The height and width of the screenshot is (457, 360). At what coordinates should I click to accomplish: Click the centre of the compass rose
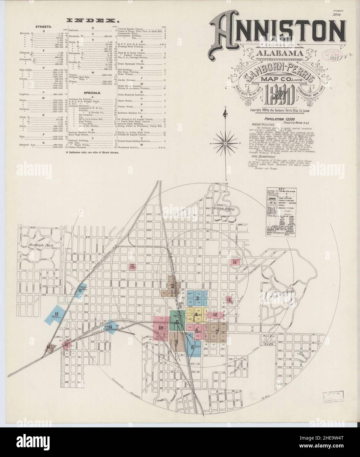(x=226, y=143)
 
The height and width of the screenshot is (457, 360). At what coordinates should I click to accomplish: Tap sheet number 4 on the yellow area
(x=196, y=314)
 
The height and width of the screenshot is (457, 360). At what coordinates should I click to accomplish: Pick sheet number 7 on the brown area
(x=217, y=332)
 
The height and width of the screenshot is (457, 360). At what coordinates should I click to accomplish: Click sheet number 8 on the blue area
(x=192, y=347)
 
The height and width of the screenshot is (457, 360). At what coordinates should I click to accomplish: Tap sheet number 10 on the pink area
(x=161, y=328)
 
